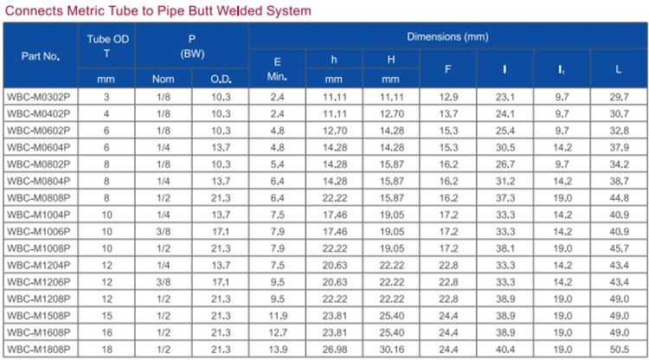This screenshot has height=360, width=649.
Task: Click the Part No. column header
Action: point(41,56)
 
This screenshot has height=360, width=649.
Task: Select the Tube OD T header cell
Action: point(107,46)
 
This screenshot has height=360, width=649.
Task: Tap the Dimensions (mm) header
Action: point(448,36)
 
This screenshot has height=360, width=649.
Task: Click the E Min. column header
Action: point(277,68)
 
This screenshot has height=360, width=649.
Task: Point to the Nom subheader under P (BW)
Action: point(163,79)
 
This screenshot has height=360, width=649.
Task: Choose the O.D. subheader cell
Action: point(221,79)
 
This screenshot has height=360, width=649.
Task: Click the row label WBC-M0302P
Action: point(39,97)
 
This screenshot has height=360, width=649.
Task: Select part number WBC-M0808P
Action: point(39,198)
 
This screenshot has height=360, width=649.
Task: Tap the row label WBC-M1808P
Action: point(39,350)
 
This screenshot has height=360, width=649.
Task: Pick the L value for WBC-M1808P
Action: point(620,350)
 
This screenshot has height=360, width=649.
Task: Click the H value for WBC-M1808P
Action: point(391,350)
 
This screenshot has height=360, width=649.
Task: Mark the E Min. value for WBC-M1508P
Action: point(278,316)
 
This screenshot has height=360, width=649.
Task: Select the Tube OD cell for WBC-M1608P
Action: point(106,332)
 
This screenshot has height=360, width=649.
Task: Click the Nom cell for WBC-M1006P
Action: point(164,231)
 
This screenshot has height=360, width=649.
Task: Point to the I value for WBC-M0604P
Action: point(505,147)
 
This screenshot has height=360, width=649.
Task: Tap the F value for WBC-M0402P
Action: point(448,113)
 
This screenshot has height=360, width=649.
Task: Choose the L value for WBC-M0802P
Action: point(620,164)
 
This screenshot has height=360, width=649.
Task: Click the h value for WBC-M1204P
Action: point(335,266)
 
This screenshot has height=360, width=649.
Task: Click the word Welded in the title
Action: point(240,10)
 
